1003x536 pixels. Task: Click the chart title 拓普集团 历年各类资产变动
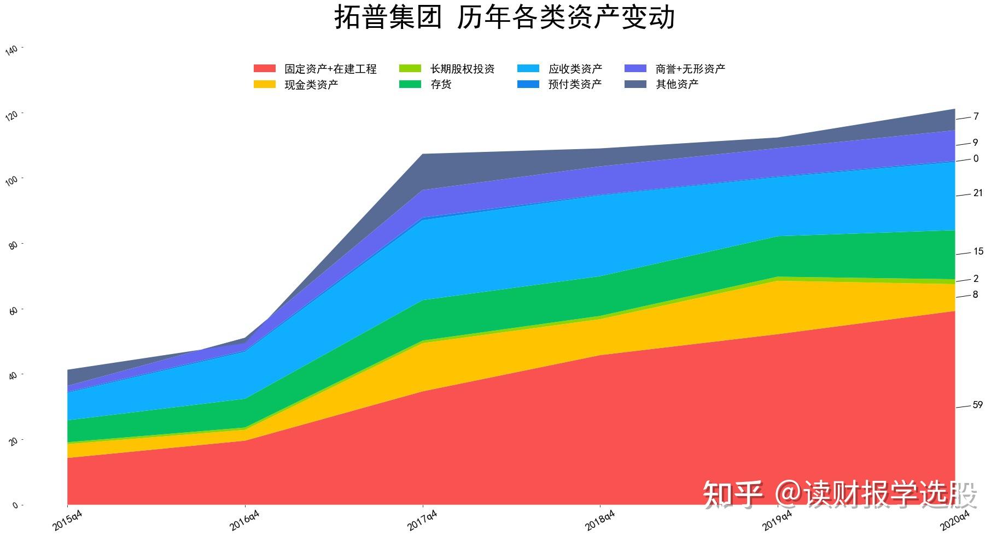pos(504,17)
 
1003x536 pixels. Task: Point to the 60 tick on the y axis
pos(13,310)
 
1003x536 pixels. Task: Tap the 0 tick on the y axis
pos(15,505)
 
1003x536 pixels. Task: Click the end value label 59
pos(977,405)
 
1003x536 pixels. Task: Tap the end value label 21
pos(977,193)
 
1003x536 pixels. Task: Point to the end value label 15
pos(978,251)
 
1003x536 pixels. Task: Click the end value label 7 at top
pos(976,116)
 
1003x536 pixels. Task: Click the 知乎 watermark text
pos(732,494)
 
